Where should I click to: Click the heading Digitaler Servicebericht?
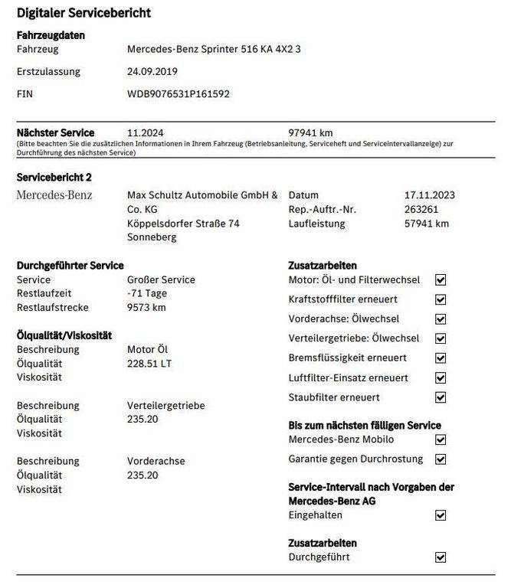tap(84, 13)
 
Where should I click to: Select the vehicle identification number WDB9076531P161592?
tap(178, 94)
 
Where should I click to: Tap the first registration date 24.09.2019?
tap(152, 72)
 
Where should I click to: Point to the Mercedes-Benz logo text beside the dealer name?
tap(54, 195)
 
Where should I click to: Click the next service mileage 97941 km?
tap(310, 132)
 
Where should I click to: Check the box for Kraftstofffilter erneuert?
tap(440, 299)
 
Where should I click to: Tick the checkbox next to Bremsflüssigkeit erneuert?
tap(440, 358)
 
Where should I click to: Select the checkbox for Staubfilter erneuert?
tap(440, 397)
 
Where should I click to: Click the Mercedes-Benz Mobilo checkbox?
tap(440, 439)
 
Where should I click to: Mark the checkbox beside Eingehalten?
tap(440, 515)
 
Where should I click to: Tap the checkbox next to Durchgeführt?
tap(440, 557)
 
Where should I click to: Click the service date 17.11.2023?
tap(429, 195)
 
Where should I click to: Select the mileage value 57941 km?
tap(426, 224)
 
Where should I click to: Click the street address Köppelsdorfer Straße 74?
tap(183, 224)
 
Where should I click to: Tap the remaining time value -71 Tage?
tap(147, 293)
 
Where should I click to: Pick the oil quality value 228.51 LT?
tap(149, 364)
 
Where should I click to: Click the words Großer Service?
tap(161, 279)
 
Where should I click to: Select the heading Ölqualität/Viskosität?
tap(64, 335)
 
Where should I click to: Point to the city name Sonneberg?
tap(152, 237)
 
